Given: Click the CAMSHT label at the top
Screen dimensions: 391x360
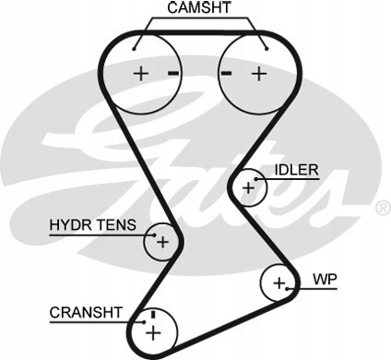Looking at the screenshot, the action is pos(199,7).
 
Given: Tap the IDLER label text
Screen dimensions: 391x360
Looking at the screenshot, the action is pos(296,170).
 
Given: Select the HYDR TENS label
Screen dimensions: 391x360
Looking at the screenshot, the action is pos(92,225).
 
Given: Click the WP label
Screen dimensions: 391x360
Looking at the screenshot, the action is pos(325,279).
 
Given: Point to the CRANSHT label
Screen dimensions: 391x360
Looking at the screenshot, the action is pos(86,313).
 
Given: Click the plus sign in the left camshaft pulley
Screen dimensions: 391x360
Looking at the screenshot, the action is pos(141,74).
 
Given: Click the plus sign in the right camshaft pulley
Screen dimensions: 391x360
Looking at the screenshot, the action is pos(259,74).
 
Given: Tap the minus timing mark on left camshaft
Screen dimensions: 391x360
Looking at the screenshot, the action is pos(173,73).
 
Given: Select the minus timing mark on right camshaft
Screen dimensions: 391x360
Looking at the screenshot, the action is pos(226,73).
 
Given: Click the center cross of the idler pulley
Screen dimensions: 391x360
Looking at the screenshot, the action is pos(248,187).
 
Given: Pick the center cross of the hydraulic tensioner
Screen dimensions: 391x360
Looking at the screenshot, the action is pos(162,242).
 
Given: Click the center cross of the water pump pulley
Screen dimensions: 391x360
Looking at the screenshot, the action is pos(279,282).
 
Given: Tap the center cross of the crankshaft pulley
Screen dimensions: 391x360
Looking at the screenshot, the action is pos(153,332).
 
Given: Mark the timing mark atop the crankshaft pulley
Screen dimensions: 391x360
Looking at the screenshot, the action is pos(153,315).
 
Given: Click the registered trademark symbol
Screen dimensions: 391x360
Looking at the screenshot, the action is pos(384,208).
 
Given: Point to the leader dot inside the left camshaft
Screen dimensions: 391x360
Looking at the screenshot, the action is pos(134,49).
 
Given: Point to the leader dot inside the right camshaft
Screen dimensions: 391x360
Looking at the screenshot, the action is pos(267,49).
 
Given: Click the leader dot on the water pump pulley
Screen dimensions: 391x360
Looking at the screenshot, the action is pos(287,289).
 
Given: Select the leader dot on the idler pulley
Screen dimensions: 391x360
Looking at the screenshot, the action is pos(255,179).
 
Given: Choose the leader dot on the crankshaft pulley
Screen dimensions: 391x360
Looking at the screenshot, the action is pos(144,322).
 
